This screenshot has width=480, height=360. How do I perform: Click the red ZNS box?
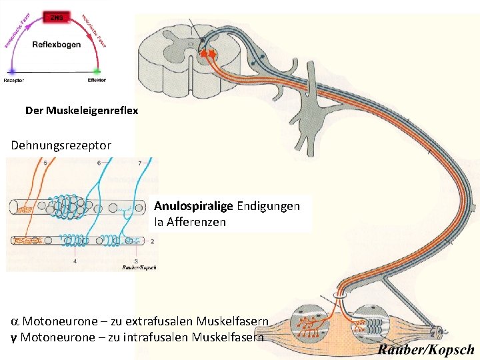pyautogui.click(x=56, y=17)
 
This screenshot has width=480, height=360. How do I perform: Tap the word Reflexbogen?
pyautogui.click(x=57, y=45)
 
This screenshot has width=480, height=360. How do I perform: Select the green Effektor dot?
pyautogui.click(x=97, y=71)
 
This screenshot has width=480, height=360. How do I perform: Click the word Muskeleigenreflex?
pyautogui.click(x=92, y=111)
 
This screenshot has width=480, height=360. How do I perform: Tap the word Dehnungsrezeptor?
pyautogui.click(x=61, y=144)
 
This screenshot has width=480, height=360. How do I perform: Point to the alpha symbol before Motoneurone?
pyautogui.click(x=15, y=321)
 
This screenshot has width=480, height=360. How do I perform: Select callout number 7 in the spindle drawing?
pyautogui.click(x=139, y=162)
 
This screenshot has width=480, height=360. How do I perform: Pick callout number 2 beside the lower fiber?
pyautogui.click(x=153, y=241)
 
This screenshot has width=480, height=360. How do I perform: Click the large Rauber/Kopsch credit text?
pyautogui.click(x=426, y=349)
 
